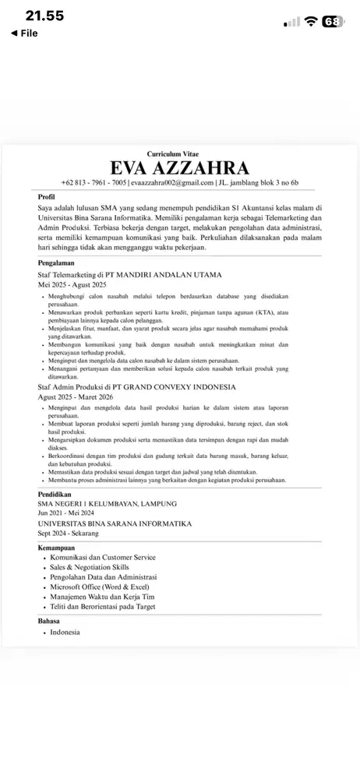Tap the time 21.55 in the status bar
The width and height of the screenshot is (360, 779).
(x=44, y=16)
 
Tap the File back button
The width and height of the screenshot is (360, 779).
(x=24, y=33)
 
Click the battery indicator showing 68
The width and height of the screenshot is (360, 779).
(x=333, y=22)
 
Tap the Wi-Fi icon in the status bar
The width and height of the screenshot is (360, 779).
(x=311, y=22)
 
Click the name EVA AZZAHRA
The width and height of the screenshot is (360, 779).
(x=180, y=168)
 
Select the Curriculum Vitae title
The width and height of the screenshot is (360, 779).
(x=180, y=154)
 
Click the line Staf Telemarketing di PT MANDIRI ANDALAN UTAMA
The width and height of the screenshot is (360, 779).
(x=129, y=275)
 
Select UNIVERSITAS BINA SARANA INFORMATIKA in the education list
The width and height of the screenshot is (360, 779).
(x=115, y=523)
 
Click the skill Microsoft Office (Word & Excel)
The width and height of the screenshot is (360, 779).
(x=99, y=587)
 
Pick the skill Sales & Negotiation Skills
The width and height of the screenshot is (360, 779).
(x=89, y=567)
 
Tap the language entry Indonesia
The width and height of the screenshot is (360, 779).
(x=65, y=632)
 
